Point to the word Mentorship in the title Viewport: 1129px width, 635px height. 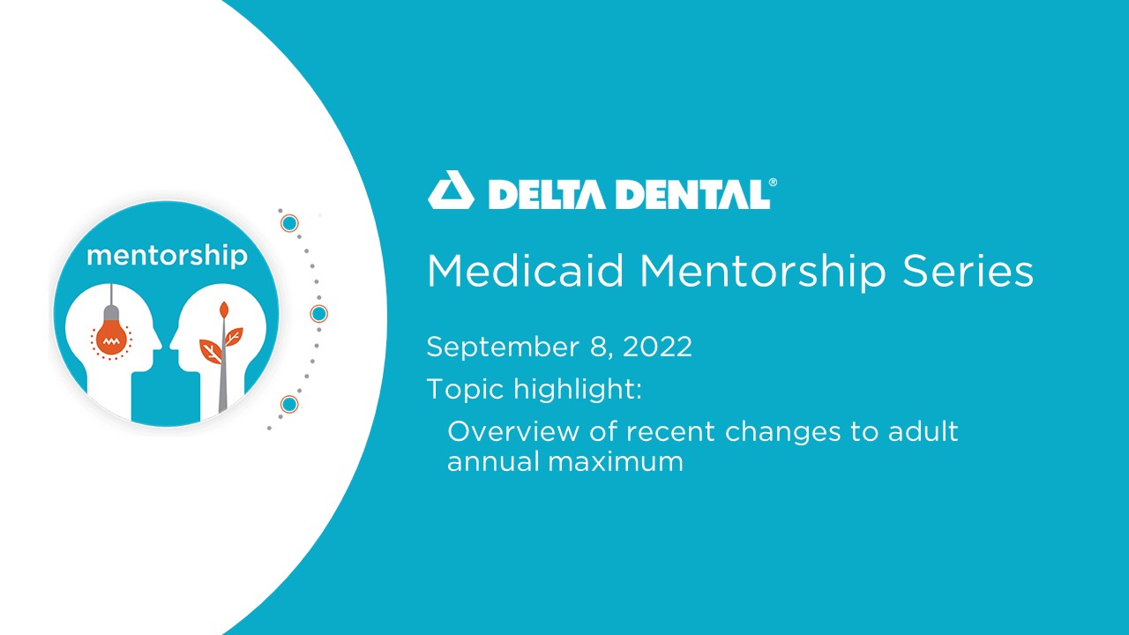763,273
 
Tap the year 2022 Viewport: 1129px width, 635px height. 657,347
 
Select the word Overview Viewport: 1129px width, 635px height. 512,431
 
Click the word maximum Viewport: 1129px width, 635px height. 616,462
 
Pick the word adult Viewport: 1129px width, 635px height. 923,431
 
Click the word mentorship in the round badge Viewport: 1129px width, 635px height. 167,256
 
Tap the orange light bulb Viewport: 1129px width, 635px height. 111,334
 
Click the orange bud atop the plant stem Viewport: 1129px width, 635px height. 224,310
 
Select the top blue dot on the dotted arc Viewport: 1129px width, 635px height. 289,223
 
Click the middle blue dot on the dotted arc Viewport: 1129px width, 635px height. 318,313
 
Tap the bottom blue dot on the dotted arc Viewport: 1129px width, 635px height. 289,404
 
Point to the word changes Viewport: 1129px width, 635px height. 782,433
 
